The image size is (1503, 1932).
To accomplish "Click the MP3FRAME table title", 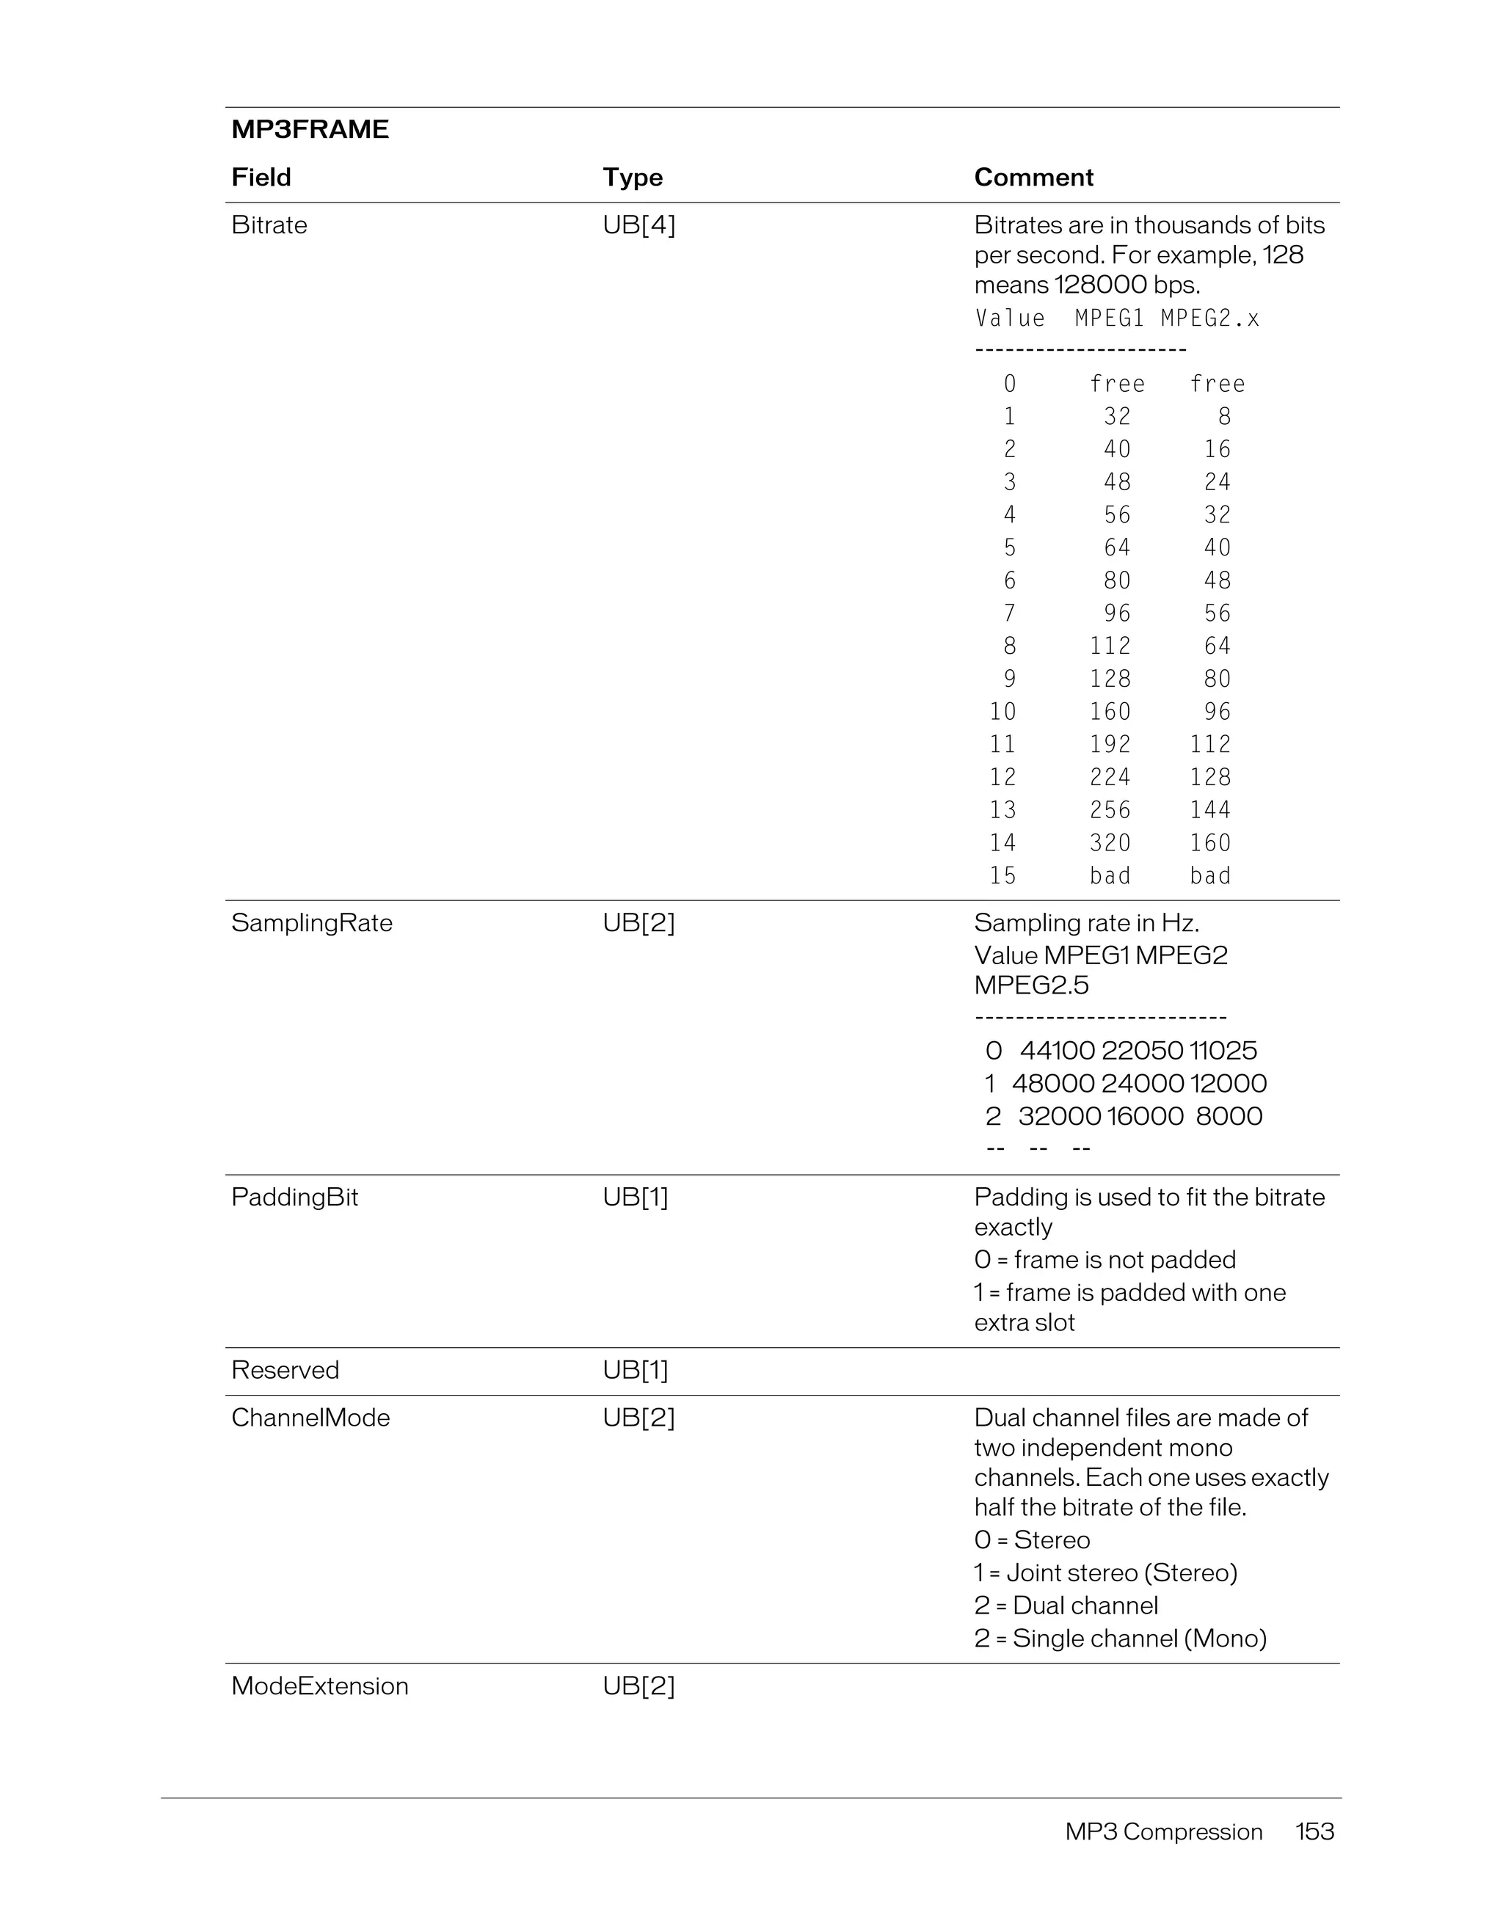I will click(x=310, y=129).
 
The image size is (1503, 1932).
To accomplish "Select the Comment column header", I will click(x=1033, y=177).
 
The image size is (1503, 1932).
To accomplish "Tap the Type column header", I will click(x=633, y=177).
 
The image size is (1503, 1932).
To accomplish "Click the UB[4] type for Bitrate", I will click(x=638, y=225).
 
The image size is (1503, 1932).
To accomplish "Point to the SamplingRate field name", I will click(x=311, y=922).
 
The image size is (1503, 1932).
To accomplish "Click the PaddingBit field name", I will click(x=294, y=1197).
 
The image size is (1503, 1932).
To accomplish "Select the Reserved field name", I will click(x=285, y=1369).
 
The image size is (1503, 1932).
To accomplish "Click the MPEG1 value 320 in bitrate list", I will click(x=1110, y=842).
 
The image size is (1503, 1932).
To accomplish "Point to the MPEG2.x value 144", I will click(x=1209, y=809).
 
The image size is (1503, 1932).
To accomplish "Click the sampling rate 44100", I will click(x=1056, y=1050).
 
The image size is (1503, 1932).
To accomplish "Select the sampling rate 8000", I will click(x=1229, y=1115).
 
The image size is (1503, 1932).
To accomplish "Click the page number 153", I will click(x=1314, y=1831).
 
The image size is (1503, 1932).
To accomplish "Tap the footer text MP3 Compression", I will click(x=1163, y=1831).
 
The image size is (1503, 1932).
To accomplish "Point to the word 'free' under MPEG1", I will click(x=1116, y=383).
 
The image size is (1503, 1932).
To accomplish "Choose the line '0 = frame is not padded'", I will click(x=1105, y=1260).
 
